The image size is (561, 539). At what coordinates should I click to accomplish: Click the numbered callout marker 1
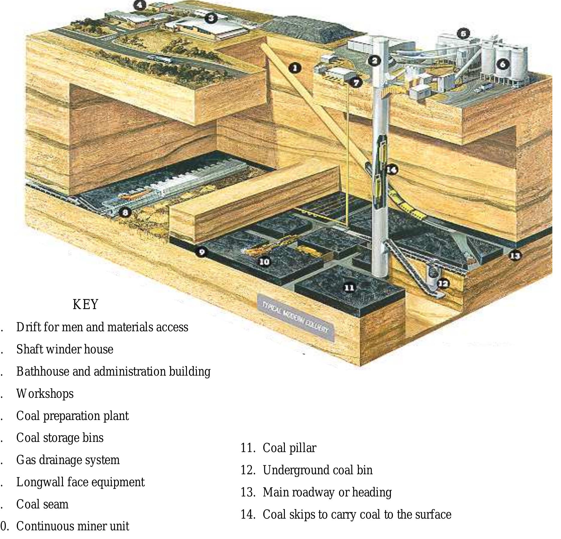(295, 68)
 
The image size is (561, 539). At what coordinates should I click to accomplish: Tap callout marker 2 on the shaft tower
(374, 61)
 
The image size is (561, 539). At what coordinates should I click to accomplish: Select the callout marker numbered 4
(140, 5)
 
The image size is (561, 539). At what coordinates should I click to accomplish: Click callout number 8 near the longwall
(125, 213)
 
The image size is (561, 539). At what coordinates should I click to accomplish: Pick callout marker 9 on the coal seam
(202, 252)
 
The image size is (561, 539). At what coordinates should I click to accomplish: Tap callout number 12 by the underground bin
(443, 283)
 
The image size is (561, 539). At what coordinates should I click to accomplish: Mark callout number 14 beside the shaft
(391, 170)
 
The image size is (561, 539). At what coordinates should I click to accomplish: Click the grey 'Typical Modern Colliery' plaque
(295, 318)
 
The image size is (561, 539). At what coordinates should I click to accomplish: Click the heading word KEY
(85, 305)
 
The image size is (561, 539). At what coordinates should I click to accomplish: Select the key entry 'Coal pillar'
(289, 448)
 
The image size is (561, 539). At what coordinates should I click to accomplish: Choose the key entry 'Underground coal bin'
(317, 470)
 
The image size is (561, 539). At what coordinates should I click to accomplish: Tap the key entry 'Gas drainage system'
(68, 460)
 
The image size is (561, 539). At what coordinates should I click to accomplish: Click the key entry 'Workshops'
(45, 394)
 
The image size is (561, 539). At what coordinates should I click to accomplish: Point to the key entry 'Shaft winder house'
(65, 349)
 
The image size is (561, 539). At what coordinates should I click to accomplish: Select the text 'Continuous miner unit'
(72, 526)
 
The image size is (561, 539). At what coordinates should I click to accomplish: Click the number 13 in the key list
(247, 492)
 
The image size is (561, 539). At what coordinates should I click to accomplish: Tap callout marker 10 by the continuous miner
(264, 262)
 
